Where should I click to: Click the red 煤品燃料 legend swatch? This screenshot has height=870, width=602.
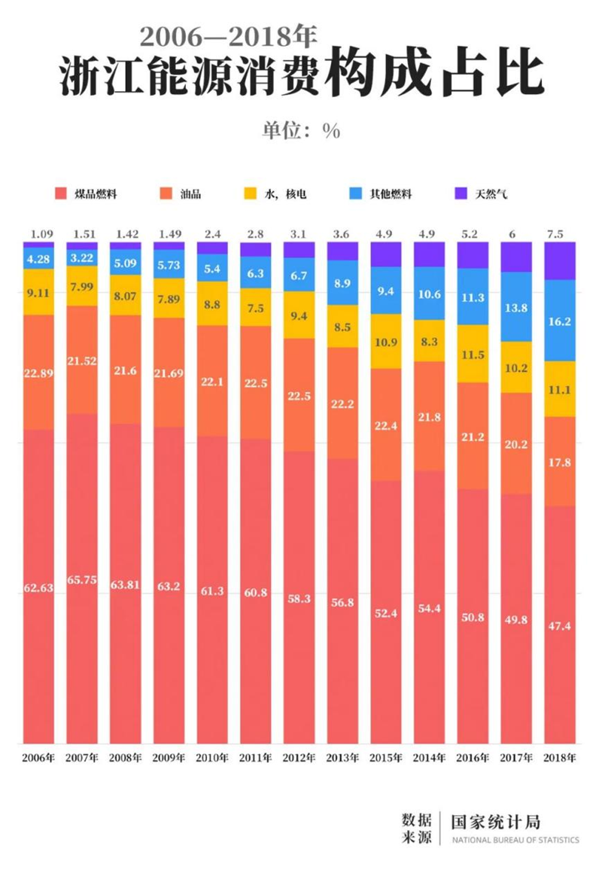tap(61, 193)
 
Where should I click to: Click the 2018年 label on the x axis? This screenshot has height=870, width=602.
tap(559, 758)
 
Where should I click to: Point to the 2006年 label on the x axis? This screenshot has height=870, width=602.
tap(38, 758)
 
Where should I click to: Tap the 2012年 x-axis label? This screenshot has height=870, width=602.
tap(299, 758)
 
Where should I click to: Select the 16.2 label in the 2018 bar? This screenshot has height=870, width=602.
tap(559, 320)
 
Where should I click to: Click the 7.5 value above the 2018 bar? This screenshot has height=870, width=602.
tap(559, 234)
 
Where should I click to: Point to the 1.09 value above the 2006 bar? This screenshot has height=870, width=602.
tap(38, 234)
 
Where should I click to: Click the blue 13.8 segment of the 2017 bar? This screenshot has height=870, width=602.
tap(515, 306)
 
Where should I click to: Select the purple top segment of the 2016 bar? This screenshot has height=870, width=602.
tap(473, 255)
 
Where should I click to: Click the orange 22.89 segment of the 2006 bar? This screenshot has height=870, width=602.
tap(38, 372)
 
